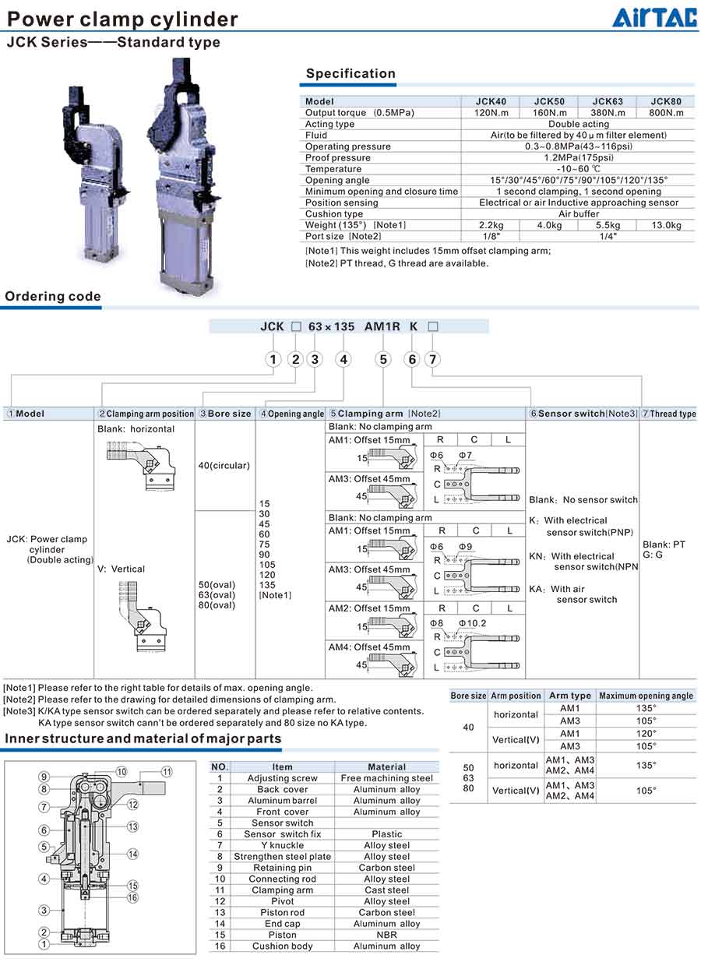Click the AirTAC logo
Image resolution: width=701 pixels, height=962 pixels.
[x=654, y=17]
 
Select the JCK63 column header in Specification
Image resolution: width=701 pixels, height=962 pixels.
[x=608, y=101]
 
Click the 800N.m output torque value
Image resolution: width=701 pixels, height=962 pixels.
[x=666, y=113]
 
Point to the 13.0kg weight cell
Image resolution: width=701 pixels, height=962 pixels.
[x=666, y=225]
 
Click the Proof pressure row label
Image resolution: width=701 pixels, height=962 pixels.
[x=338, y=157]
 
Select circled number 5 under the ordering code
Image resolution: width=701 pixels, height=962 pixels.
[x=382, y=359]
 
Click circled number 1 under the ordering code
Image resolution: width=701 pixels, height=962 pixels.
[x=273, y=359]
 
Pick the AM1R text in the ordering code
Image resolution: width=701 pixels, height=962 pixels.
[x=382, y=326]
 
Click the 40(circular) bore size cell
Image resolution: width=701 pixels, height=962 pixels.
[x=224, y=466]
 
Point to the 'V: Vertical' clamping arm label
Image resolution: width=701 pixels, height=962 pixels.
[x=121, y=569]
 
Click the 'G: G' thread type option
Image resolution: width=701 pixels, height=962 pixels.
[x=653, y=555]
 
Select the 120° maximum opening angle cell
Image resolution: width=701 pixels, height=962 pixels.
[x=646, y=733]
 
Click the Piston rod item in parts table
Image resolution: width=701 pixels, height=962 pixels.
[x=282, y=912]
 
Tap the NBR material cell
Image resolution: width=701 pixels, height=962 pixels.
[x=387, y=935]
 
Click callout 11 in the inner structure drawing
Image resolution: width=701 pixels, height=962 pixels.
[x=167, y=771]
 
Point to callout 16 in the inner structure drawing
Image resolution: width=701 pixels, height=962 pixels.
[x=133, y=898]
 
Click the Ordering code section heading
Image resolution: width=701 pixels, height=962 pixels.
[x=53, y=296]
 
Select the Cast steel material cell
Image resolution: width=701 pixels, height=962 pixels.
[x=387, y=890]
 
